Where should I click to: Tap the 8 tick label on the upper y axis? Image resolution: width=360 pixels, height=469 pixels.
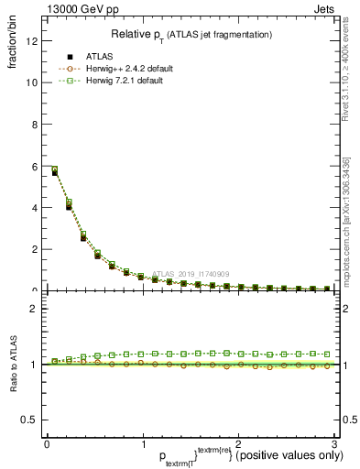point(33,125)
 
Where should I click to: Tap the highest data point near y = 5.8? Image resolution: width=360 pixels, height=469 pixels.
point(54,170)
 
